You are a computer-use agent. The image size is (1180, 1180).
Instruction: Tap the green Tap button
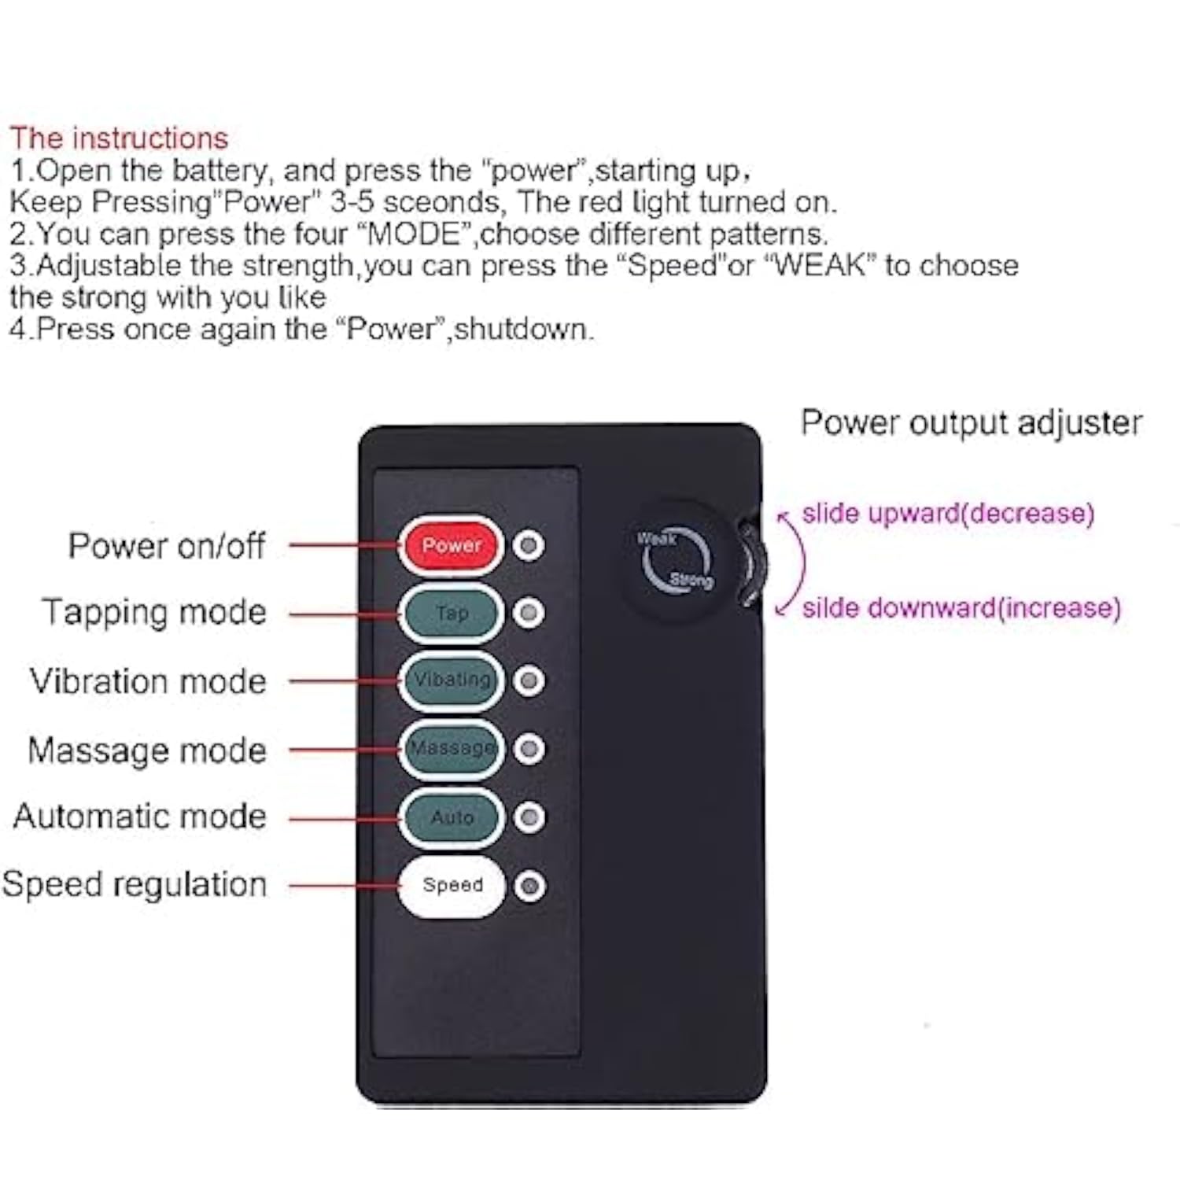pyautogui.click(x=451, y=613)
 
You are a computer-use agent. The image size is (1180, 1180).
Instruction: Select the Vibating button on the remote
pyautogui.click(x=451, y=680)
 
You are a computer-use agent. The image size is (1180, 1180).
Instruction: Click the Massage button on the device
pyautogui.click(x=451, y=748)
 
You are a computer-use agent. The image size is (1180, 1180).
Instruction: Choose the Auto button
pyautogui.click(x=451, y=817)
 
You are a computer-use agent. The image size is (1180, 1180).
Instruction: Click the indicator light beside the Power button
pyautogui.click(x=529, y=545)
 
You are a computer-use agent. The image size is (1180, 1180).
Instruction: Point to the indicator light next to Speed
pyautogui.click(x=529, y=886)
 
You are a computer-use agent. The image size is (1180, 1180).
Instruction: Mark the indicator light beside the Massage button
pyautogui.click(x=529, y=749)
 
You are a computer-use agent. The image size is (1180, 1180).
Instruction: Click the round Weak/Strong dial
pyautogui.click(x=676, y=560)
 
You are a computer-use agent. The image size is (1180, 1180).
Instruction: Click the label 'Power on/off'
pyautogui.click(x=167, y=546)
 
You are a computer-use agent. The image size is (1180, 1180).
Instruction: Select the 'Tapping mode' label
pyautogui.click(x=154, y=613)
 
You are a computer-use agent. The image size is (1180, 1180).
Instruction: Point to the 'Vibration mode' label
pyautogui.click(x=148, y=681)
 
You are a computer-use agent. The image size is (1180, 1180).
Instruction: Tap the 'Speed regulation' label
pyautogui.click(x=135, y=884)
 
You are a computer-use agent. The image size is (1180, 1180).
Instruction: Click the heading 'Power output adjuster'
pyautogui.click(x=972, y=423)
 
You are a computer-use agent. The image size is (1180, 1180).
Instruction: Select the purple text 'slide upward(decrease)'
pyautogui.click(x=948, y=513)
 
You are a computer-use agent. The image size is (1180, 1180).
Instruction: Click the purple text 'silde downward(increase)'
pyautogui.click(x=961, y=607)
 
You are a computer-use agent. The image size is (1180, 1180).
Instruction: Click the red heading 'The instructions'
pyautogui.click(x=119, y=138)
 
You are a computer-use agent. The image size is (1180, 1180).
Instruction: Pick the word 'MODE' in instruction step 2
pyautogui.click(x=414, y=234)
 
